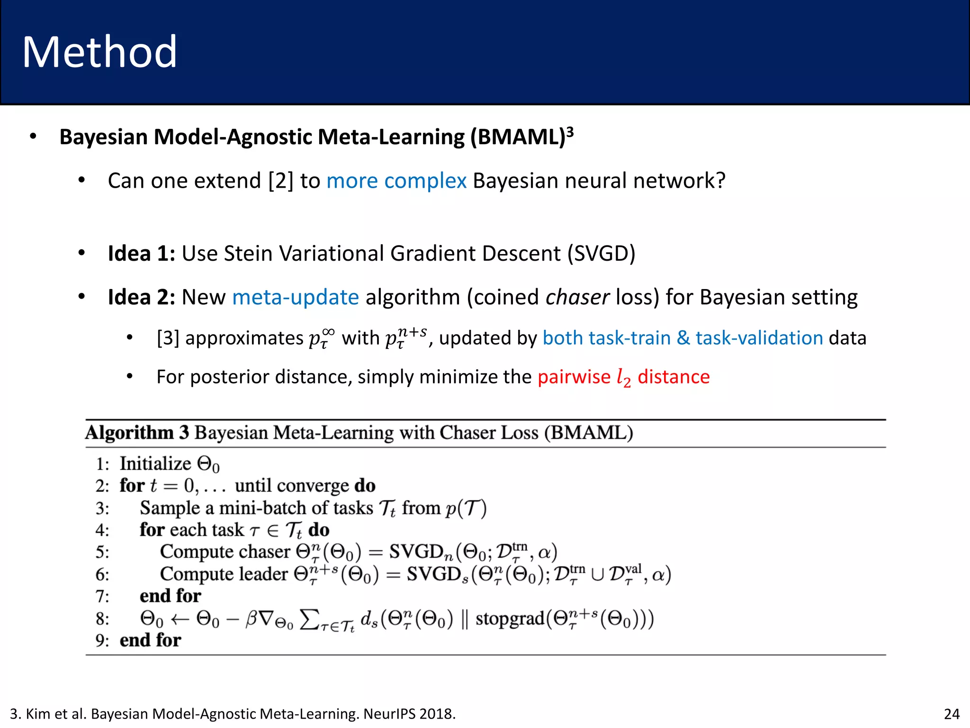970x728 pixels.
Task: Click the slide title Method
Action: tap(99, 52)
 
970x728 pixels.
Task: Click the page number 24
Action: tap(952, 714)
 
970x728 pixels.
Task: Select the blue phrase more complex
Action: tap(396, 181)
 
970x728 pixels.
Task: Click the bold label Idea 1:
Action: tap(142, 254)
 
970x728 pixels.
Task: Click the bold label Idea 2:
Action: tap(142, 298)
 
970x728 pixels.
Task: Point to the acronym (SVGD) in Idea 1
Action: tap(601, 254)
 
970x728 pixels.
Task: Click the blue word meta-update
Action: tap(296, 298)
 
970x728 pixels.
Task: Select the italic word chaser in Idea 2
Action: tap(577, 298)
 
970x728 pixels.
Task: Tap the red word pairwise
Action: tap(574, 377)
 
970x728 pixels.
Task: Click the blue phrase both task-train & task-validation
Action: tap(683, 338)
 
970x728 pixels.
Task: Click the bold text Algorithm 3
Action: tap(137, 433)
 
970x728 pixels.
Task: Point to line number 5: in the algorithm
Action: tap(102, 553)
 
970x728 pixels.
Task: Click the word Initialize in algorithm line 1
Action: tap(155, 464)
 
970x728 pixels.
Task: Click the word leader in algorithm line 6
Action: tap(264, 574)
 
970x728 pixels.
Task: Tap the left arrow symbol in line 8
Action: tap(180, 619)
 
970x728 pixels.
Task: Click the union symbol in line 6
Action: tap(598, 575)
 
